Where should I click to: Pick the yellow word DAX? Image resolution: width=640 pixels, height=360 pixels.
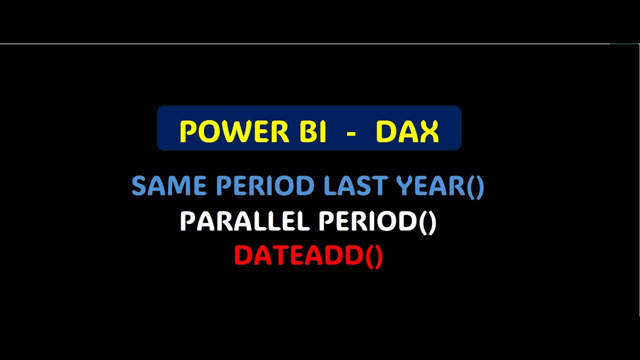click(407, 132)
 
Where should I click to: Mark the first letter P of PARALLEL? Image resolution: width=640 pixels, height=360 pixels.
click(187, 221)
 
